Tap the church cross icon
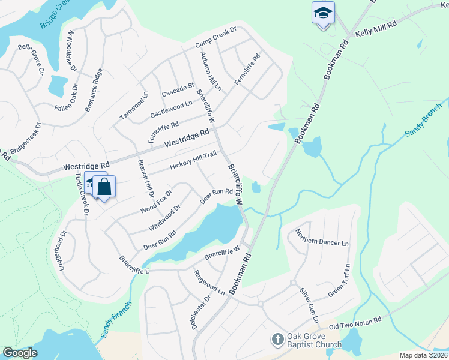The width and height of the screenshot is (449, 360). (x=277, y=340)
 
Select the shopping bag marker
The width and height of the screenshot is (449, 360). (x=104, y=187)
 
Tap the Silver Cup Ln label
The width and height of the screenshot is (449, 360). (x=309, y=305)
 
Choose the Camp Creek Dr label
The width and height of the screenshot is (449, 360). (x=217, y=37)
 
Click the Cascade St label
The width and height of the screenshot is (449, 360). (x=178, y=90)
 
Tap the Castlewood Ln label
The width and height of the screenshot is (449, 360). (x=171, y=109)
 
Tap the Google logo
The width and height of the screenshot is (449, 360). (x=20, y=353)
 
